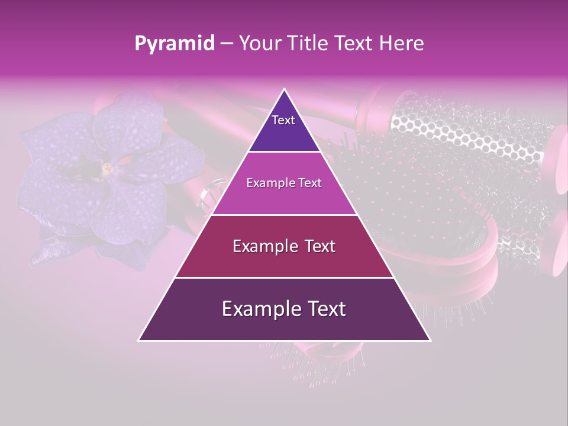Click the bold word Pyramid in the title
pos(175,44)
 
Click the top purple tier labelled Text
pos(284,127)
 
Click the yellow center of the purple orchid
pos(107,169)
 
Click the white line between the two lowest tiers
pos(284,277)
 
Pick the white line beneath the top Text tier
pos(284,152)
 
